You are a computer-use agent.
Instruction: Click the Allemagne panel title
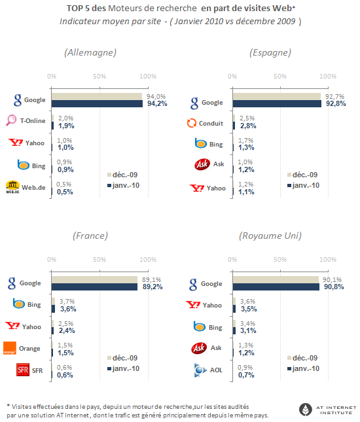point(90,52)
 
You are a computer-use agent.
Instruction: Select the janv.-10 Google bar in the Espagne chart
point(277,103)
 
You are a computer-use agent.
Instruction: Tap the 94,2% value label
point(157,103)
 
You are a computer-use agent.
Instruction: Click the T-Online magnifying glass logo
point(11,120)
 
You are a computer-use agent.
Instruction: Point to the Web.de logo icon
point(12,187)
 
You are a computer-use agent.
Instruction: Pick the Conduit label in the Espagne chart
point(211,123)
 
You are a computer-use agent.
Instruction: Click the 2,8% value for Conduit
point(248,126)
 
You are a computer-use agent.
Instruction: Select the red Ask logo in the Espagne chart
point(202,164)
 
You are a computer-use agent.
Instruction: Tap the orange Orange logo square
point(10,348)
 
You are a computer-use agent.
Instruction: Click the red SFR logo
point(23,370)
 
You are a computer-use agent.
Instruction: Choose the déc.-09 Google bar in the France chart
point(94,279)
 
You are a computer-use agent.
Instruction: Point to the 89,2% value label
point(153,287)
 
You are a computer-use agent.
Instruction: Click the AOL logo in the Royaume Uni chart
point(200,370)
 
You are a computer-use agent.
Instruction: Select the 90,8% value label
point(334,287)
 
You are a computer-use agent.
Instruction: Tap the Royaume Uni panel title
point(270,236)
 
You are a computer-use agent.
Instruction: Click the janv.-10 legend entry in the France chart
point(123,368)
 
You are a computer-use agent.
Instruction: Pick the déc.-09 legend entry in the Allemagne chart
point(122,175)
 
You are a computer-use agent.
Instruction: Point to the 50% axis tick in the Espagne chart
point(280,77)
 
